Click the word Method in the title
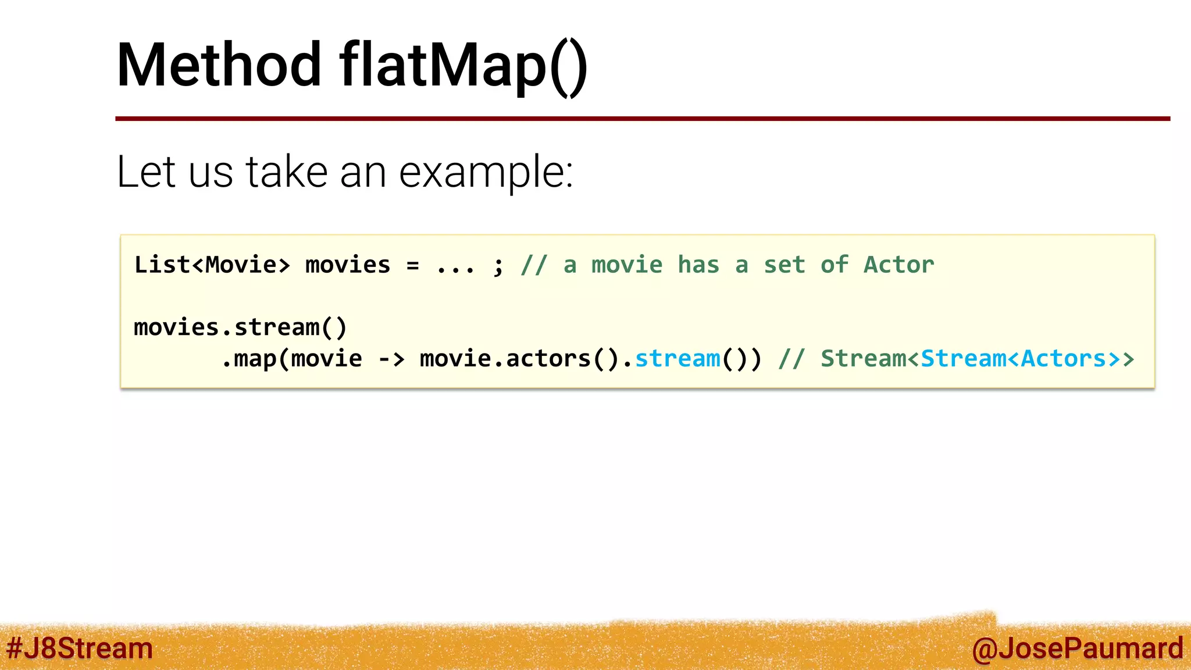[218, 65]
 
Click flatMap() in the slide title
[463, 65]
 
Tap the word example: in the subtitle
[486, 172]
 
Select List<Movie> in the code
[212, 265]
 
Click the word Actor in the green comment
[898, 265]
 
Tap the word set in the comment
[784, 265]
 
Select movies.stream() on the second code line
[240, 327]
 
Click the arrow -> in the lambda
[391, 359]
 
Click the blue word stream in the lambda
[677, 359]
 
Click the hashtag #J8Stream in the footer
[79, 648]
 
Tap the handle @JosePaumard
[1077, 648]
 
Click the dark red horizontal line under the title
[640, 119]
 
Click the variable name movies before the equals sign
[347, 265]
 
